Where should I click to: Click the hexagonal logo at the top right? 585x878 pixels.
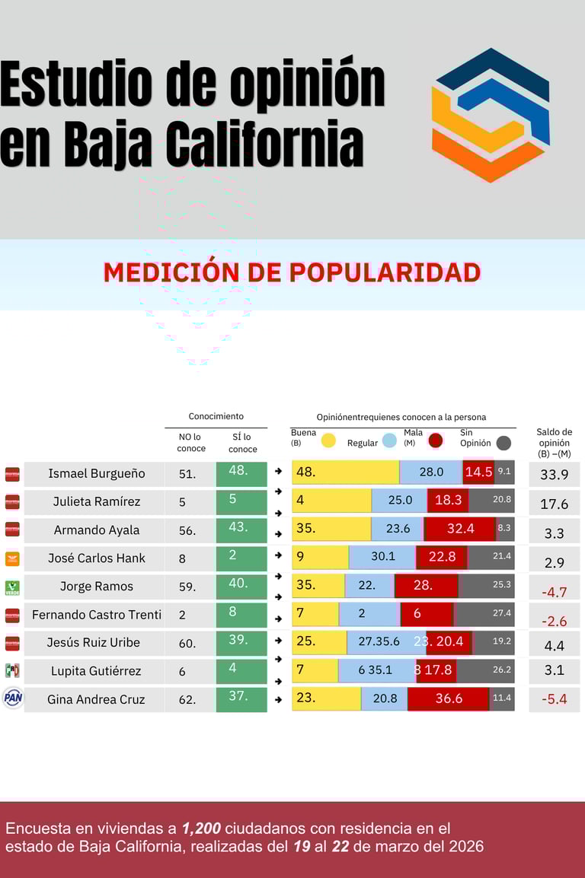491,115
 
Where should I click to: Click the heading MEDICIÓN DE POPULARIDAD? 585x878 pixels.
292,272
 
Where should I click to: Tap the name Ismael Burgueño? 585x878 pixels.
96,473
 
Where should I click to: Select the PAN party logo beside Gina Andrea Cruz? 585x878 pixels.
12,698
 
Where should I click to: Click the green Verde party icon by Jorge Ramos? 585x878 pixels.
12,587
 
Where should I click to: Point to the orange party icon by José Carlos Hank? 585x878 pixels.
12,558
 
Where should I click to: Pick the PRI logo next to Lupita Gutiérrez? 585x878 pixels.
12,670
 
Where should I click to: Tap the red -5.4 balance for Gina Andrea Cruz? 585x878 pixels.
554,699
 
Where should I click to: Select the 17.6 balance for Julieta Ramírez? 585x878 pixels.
554,503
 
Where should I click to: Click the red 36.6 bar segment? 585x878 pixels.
449,698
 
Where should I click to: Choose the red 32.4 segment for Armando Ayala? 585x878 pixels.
459,530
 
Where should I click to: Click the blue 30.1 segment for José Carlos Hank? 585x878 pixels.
382,557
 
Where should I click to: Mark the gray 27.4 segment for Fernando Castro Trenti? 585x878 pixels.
484,614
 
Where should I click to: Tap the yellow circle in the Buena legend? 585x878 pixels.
328,440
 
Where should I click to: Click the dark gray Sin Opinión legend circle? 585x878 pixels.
503,443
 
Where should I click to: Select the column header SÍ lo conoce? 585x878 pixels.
241,443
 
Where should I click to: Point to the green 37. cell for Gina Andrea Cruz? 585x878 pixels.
241,698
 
